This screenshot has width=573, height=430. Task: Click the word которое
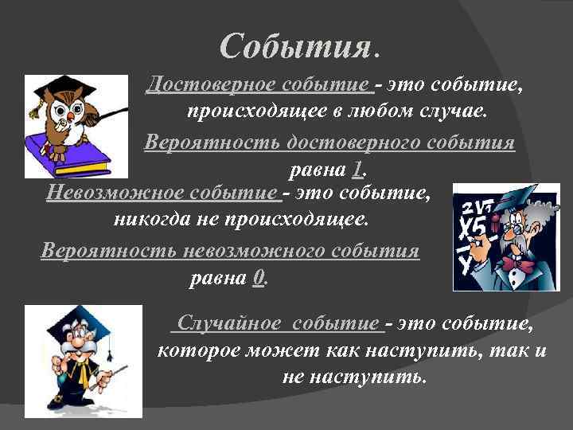tap(197, 350)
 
